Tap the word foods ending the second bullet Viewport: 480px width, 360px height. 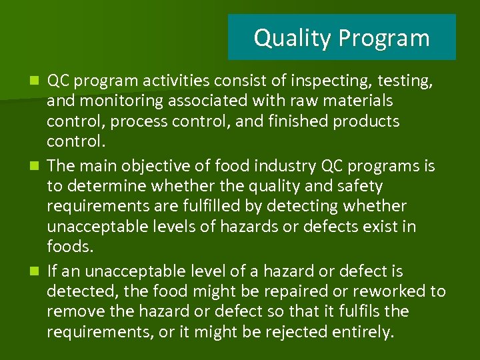pyautogui.click(x=68, y=246)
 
